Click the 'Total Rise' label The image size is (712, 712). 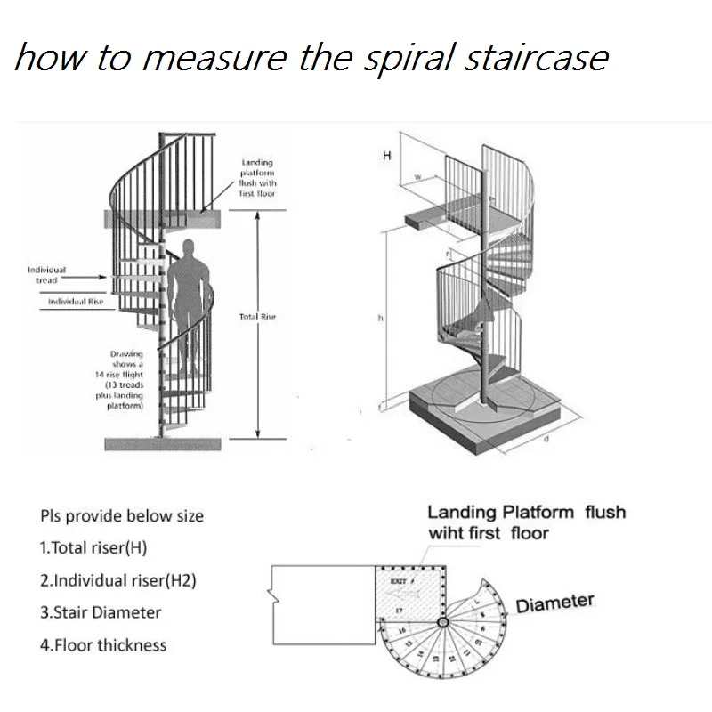tap(258, 317)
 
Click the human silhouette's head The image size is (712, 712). tap(186, 250)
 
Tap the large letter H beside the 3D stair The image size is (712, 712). tap(386, 157)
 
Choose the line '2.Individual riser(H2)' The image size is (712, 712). tap(118, 581)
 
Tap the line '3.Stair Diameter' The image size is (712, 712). tap(101, 613)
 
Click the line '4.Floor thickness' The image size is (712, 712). tap(103, 645)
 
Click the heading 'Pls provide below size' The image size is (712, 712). tap(122, 516)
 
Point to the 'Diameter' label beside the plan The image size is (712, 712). tap(554, 603)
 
